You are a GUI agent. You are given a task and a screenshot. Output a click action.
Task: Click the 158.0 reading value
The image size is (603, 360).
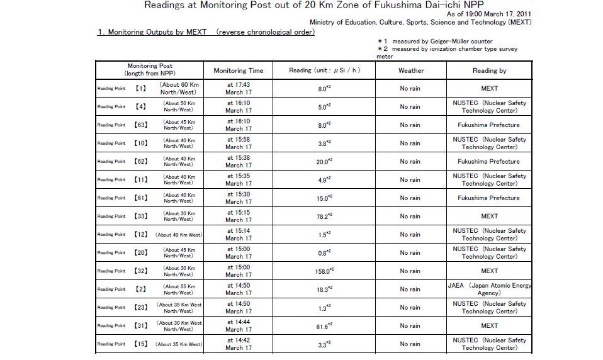[x=325, y=271]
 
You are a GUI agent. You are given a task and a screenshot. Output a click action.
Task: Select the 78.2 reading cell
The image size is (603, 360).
[x=325, y=217]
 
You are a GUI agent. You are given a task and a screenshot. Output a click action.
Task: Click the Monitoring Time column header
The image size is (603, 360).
[x=239, y=70]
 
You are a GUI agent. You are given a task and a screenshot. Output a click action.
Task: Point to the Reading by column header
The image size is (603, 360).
[x=489, y=70]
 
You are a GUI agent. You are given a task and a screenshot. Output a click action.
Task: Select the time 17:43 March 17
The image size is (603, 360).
[x=239, y=89]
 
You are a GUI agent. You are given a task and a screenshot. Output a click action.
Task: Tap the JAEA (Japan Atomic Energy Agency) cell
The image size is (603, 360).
[x=489, y=289]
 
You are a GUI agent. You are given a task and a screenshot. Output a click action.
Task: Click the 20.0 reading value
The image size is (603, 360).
[x=325, y=162]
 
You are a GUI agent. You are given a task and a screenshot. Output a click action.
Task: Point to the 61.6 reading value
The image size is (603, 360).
[x=325, y=326]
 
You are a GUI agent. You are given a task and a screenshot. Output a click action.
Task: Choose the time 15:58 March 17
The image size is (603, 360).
[x=239, y=143]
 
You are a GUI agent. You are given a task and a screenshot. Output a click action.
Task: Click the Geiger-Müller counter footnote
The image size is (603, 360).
[x=435, y=41]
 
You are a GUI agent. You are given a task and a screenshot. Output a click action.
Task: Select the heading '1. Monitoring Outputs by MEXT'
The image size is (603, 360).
[x=205, y=31]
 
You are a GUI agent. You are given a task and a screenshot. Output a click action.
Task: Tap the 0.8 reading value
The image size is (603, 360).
[x=325, y=253]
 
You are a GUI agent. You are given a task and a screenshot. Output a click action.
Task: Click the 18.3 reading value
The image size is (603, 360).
[x=325, y=290]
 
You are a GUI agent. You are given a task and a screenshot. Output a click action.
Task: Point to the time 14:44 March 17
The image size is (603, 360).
[x=239, y=326]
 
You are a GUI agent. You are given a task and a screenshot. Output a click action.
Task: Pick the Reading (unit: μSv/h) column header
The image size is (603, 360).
[x=325, y=70]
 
